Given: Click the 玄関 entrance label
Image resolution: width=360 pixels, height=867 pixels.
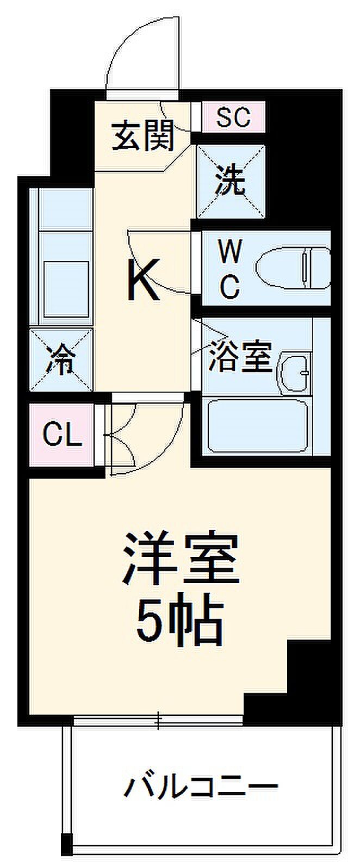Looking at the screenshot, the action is pos(142,136).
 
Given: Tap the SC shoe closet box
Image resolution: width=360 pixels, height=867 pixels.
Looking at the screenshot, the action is pos(233,116).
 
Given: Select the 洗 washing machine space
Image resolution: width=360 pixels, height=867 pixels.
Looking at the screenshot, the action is pos(231,181).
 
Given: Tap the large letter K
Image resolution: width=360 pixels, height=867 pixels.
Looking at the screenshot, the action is pos(144,280).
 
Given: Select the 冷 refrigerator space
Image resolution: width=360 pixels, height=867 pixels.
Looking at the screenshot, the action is pos(61,360).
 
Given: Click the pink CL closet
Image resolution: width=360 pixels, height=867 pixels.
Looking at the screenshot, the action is pos(63,435).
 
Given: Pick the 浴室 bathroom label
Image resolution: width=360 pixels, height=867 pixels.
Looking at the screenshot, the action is pos(240,356).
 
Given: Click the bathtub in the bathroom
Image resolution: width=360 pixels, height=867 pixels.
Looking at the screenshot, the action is pos(259,426).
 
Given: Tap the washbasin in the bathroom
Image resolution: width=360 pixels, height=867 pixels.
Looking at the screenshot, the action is pos(295,373).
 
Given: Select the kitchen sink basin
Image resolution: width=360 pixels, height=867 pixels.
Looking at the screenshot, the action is pos(66,289).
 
